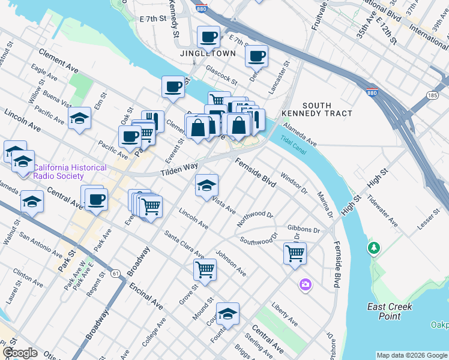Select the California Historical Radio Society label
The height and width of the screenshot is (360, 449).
[x=70, y=172]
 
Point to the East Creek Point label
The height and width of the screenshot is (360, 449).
[x=390, y=311]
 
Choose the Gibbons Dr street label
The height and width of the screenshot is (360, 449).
[x=304, y=229]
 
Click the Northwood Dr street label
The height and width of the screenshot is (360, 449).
[x=255, y=218]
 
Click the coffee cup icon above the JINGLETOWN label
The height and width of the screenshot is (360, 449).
[x=208, y=37]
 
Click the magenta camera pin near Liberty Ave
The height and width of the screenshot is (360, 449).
[x=306, y=284]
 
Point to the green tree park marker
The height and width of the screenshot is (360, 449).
[x=374, y=247]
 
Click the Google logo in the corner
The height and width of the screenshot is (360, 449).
[x=19, y=353]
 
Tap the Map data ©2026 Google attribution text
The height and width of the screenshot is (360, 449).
[x=412, y=355]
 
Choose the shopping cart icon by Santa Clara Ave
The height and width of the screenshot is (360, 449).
[x=205, y=269]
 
